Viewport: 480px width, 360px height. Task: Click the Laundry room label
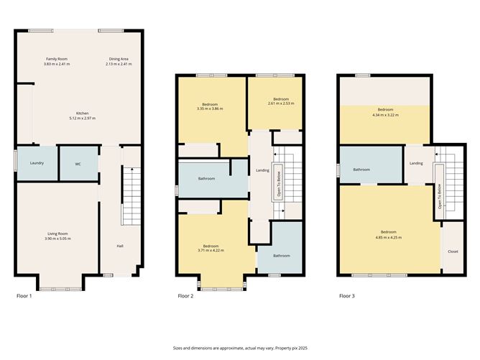[37, 163]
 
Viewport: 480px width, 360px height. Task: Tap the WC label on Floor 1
[78, 164]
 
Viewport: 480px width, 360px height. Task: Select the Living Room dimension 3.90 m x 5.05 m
[57, 239]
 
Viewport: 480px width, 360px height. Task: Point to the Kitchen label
[83, 114]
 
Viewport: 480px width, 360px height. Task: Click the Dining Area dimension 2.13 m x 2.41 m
[119, 64]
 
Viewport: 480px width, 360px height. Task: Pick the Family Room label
[57, 59]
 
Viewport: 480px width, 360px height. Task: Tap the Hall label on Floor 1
[120, 246]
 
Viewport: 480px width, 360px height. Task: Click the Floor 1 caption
[24, 296]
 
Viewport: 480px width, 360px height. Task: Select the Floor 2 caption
[185, 296]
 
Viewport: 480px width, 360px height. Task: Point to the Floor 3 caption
[347, 296]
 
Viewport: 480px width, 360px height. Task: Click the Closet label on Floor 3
[453, 251]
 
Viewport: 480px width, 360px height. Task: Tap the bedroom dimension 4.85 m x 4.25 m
[389, 237]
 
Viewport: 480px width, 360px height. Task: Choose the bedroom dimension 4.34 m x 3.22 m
[385, 115]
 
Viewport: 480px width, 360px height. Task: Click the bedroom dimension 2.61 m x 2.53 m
[281, 103]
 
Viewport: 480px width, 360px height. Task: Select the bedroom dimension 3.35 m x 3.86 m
[210, 109]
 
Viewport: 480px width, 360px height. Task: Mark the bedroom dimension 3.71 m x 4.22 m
[211, 250]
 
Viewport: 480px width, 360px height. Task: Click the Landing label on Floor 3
[416, 163]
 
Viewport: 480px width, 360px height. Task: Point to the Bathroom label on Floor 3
[361, 170]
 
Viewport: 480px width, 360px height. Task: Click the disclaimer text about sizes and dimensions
[240, 348]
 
